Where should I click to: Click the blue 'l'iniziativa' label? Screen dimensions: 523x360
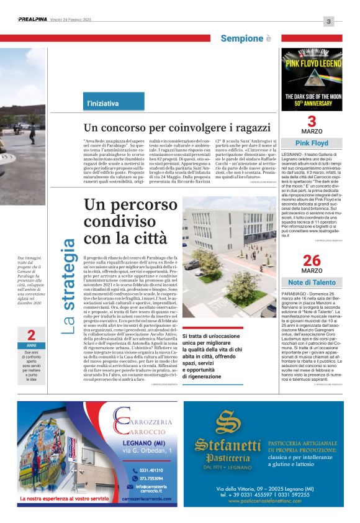pyautogui.click(x=102, y=103)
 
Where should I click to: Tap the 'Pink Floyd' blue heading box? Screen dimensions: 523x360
pyautogui.click(x=312, y=143)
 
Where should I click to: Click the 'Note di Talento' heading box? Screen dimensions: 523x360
pyautogui.click(x=312, y=283)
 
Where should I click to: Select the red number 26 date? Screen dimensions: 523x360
pyautogui.click(x=312, y=260)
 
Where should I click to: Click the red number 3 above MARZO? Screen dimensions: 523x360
pyautogui.click(x=312, y=121)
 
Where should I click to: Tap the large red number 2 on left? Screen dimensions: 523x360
pyautogui.click(x=30, y=336)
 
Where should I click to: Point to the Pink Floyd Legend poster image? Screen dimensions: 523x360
pyautogui.click(x=312, y=79)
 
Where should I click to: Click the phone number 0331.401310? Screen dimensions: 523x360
pyautogui.click(x=151, y=470)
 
